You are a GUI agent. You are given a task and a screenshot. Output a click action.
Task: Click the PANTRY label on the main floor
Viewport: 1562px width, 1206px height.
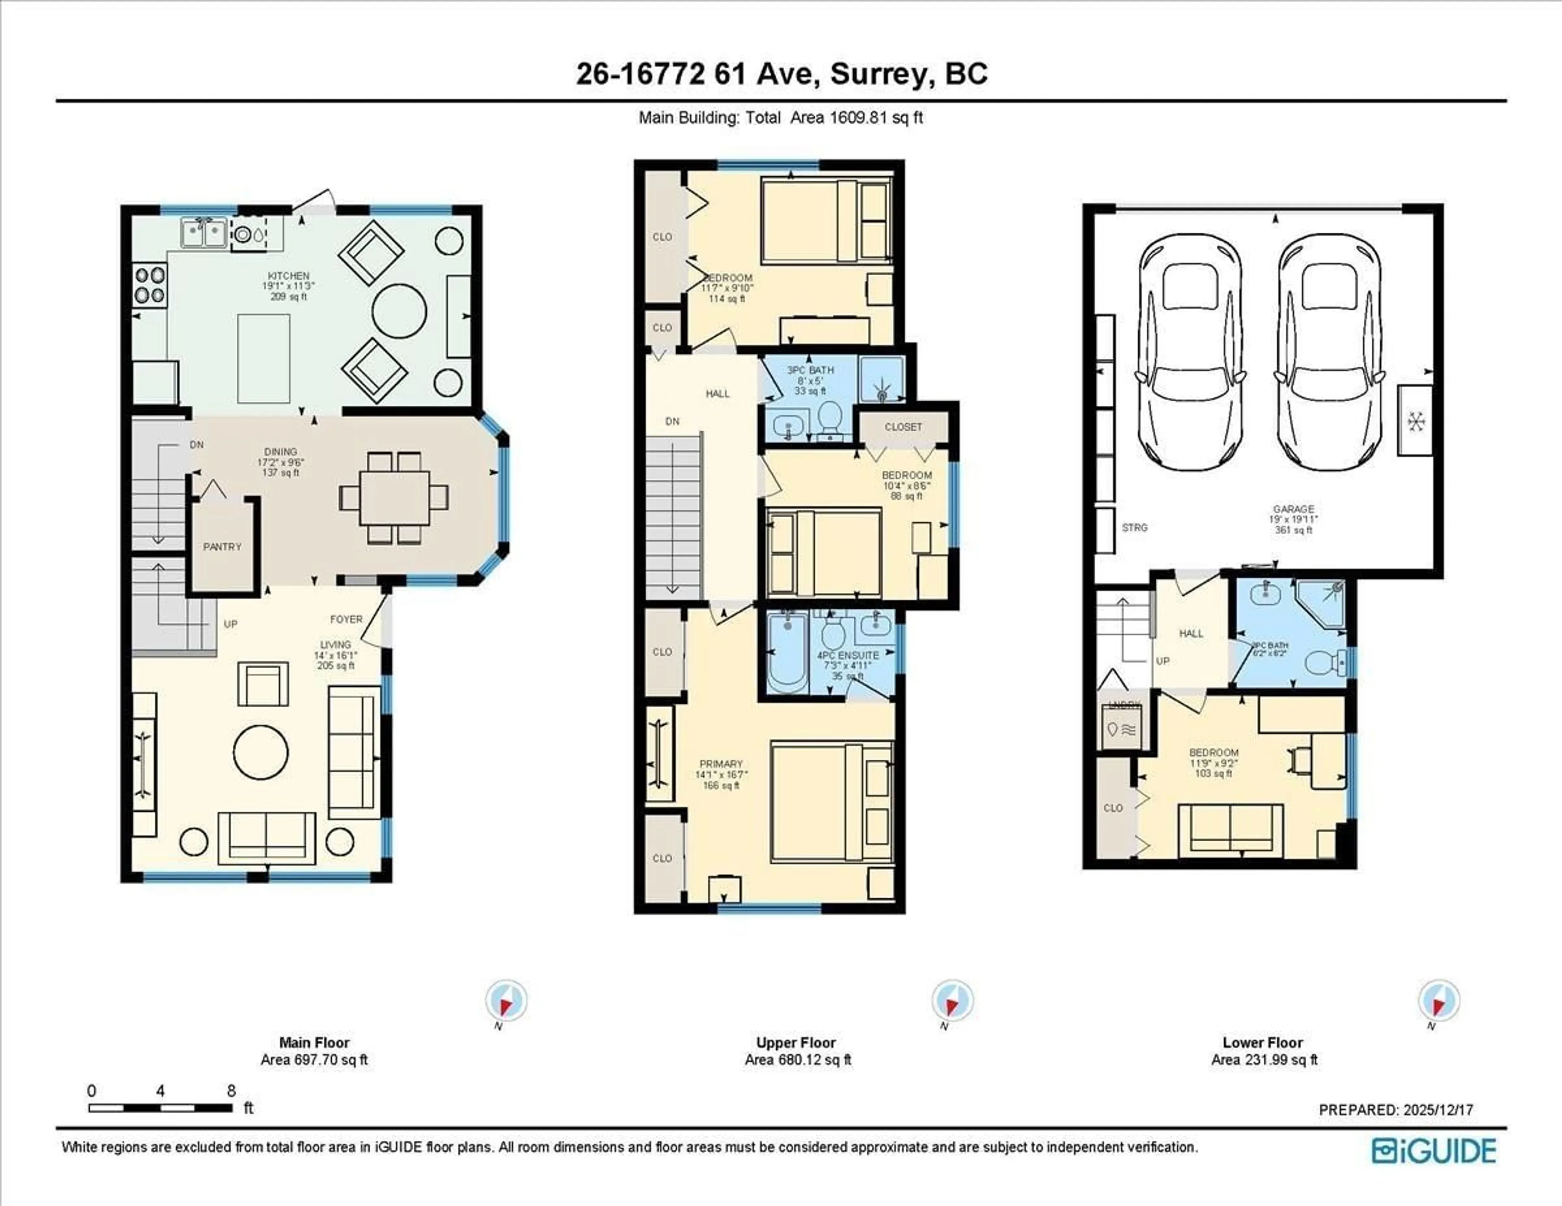coord(222,547)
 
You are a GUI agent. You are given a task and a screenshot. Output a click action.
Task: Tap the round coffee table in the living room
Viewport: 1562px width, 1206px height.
coord(261,752)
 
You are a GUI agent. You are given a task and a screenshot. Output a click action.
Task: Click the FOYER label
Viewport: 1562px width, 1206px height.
coord(346,619)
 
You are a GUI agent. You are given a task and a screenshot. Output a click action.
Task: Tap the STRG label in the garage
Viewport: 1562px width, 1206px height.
coord(1134,528)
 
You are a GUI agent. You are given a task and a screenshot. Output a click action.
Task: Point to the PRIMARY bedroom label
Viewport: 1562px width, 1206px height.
coord(721,764)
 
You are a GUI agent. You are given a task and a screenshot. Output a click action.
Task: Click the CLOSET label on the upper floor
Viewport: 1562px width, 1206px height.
coord(903,427)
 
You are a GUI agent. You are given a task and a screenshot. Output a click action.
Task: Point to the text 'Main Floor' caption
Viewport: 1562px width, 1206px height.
coord(314,1042)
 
